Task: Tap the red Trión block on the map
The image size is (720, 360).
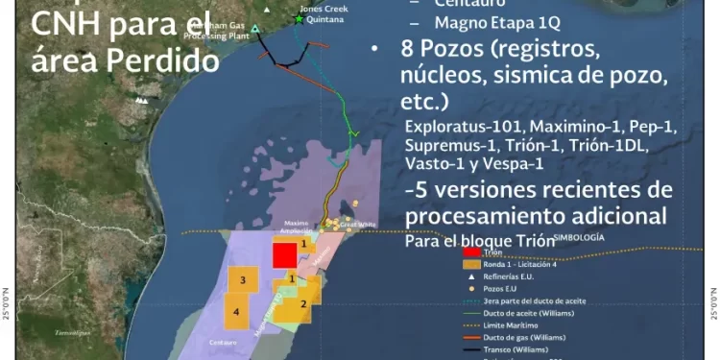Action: [284, 255]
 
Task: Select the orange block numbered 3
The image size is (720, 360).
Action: [244, 280]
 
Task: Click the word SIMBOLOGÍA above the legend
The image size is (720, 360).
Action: [588, 237]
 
